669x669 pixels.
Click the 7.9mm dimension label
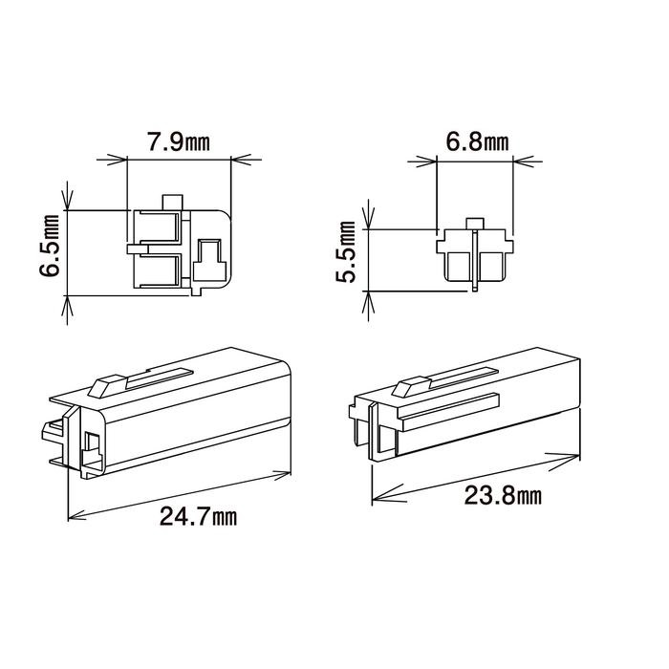(179, 142)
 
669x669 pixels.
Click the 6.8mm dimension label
(477, 141)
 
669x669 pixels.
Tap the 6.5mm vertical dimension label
(49, 246)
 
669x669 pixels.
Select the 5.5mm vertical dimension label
(345, 251)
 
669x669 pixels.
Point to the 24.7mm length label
(198, 517)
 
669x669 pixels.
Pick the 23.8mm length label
(503, 496)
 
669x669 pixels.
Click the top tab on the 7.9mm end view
(172, 203)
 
